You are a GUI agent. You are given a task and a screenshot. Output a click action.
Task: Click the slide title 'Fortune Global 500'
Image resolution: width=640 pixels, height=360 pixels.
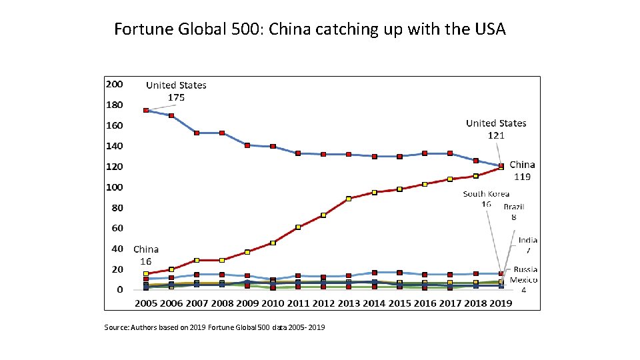[x=310, y=29]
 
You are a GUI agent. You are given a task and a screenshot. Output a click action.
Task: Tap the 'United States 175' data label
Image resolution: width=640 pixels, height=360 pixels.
[x=176, y=91]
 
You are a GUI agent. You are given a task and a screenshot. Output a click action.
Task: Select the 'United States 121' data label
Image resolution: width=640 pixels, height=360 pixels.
[x=496, y=129]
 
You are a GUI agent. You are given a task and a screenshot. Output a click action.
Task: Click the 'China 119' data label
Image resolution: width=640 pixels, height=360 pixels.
[x=522, y=171]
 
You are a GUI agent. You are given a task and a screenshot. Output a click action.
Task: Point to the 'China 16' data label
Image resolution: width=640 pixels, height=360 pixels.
[x=146, y=255]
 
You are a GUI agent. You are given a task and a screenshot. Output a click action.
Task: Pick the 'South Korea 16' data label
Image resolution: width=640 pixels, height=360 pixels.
[x=487, y=199]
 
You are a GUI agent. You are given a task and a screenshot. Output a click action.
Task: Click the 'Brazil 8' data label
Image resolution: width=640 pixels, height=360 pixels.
[x=513, y=211]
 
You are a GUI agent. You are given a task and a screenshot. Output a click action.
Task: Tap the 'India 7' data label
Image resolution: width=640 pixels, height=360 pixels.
[x=528, y=245]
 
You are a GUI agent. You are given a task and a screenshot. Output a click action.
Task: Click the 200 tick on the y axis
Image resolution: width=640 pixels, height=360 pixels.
[x=115, y=84]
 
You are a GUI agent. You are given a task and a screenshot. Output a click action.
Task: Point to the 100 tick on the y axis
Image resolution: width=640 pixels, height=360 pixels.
[x=115, y=187]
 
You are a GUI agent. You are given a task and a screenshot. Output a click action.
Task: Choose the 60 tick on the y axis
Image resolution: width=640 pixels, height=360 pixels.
[x=117, y=228]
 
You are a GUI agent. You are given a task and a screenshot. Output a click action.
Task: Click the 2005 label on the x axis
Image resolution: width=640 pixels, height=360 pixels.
[x=146, y=303]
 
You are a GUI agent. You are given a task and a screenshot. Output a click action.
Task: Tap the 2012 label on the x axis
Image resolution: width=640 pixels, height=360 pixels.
[x=323, y=303]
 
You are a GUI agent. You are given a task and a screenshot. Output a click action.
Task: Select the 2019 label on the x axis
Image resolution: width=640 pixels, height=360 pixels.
[x=501, y=303]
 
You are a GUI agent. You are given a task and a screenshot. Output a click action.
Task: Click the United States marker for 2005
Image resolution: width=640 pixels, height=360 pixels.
[x=146, y=110]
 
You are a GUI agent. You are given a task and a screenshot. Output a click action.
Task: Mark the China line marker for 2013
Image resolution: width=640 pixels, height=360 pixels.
[x=349, y=199]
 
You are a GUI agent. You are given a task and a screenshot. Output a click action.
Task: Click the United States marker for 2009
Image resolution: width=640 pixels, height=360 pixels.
[x=247, y=145]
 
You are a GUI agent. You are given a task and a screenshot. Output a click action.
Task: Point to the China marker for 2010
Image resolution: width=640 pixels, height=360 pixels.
[x=273, y=243]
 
